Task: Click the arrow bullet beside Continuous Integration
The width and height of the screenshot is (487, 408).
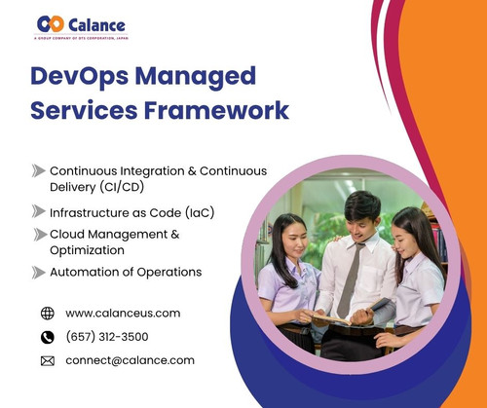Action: point(39,170)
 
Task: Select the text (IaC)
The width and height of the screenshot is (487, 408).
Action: point(195,211)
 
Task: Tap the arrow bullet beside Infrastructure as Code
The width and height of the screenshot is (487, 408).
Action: point(39,211)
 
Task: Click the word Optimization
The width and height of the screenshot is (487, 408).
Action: point(90,249)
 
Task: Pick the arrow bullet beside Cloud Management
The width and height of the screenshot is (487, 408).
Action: point(39,234)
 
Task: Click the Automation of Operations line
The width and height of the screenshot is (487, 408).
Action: point(126,273)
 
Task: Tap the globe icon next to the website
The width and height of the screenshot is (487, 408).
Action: point(48,314)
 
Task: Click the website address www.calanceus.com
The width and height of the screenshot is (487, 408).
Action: point(123,314)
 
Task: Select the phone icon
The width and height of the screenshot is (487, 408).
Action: point(48,337)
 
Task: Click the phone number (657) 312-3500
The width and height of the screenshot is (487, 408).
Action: point(108,337)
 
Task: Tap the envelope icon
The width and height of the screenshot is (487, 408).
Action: point(48,360)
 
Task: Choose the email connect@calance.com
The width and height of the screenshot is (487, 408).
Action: point(130,360)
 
